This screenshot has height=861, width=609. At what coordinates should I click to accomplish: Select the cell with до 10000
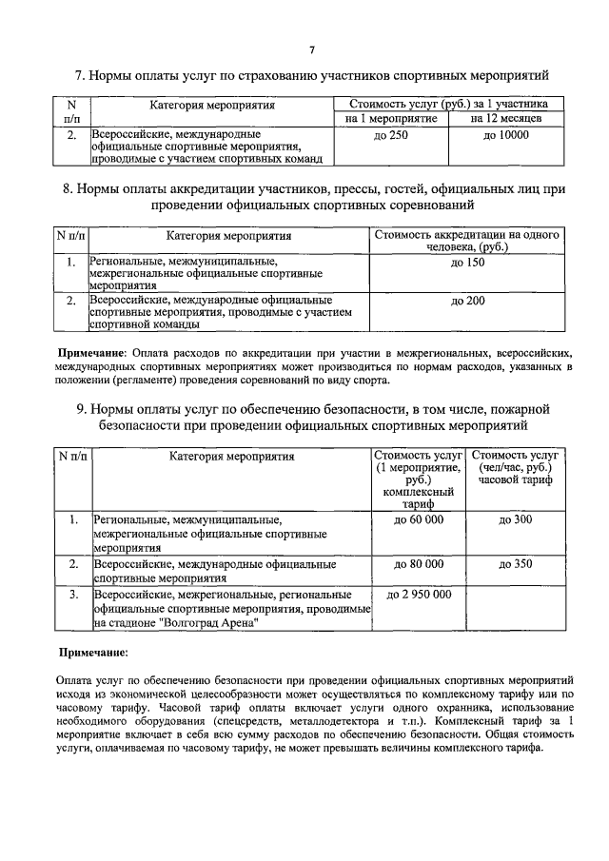pos(506,136)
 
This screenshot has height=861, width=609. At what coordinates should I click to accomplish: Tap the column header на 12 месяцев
pos(506,119)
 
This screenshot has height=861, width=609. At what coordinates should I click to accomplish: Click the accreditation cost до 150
pos(467,262)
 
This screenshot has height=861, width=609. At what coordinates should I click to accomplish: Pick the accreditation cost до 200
pos(467,302)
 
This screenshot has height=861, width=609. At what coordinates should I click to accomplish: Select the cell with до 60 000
pos(419,519)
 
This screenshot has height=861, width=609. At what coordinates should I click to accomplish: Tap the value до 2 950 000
pos(419,595)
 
